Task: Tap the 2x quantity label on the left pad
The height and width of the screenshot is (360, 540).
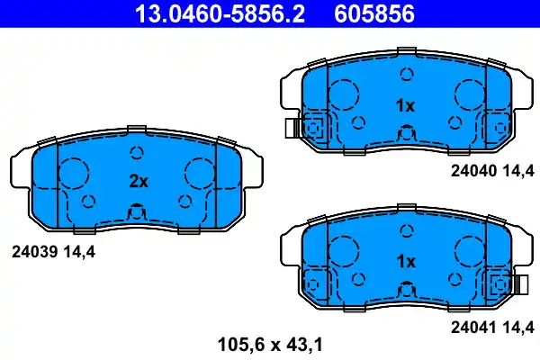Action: tap(138, 180)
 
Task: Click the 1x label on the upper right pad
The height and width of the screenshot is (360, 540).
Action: tap(406, 105)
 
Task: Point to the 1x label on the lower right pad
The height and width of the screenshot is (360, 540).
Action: tap(406, 261)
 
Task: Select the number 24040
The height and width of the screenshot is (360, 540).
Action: tap(473, 168)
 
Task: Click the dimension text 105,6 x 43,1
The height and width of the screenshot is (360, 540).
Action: tap(269, 343)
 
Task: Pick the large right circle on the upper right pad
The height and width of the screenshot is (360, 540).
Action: tap(470, 94)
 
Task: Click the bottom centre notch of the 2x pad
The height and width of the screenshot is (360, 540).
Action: tap(137, 214)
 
